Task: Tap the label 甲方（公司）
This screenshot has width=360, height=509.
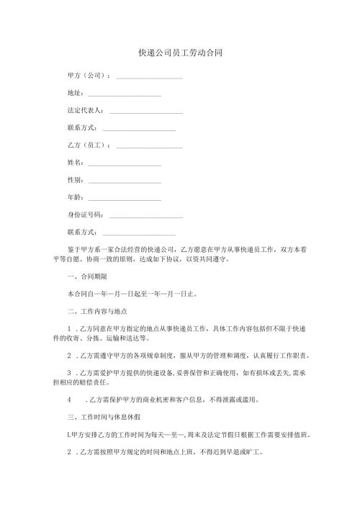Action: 87,76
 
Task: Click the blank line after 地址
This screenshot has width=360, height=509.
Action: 123,94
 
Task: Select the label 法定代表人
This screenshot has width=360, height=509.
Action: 84,111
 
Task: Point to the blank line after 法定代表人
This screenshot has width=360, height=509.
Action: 145,111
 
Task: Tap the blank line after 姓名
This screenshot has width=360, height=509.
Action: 123,163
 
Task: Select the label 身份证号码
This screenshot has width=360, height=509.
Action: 84,215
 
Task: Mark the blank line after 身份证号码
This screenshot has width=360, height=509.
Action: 145,215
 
